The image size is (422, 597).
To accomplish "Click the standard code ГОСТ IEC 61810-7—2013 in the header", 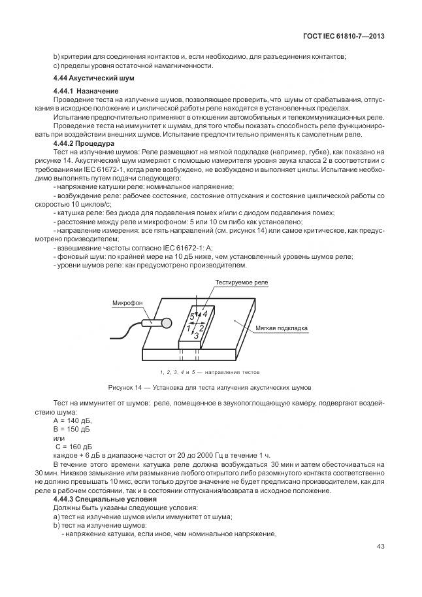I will point(344,36).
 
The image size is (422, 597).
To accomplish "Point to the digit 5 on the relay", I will point(191,316).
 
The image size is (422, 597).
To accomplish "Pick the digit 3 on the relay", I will point(196,335).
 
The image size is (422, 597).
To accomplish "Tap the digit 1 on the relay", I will point(189,330).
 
